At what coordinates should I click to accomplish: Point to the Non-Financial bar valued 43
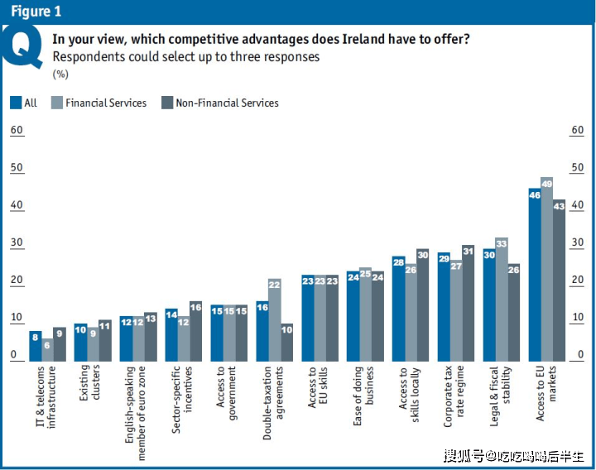[559, 281]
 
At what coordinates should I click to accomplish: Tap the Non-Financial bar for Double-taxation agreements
[287, 343]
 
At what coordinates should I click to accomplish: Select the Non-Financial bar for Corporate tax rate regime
[468, 304]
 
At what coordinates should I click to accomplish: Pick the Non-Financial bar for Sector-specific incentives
[195, 331]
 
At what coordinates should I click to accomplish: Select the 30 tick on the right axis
[577, 243]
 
